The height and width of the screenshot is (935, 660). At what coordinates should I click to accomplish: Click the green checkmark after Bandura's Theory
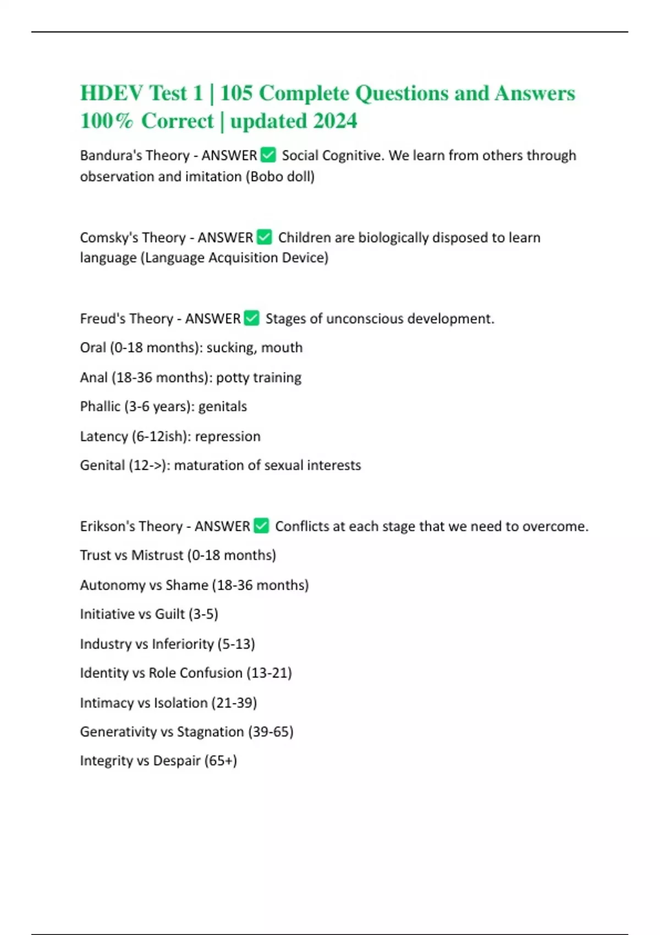tap(268, 155)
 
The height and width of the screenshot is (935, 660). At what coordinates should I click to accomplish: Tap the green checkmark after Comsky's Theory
tap(264, 237)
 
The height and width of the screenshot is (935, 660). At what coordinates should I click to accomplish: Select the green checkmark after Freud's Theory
tap(251, 318)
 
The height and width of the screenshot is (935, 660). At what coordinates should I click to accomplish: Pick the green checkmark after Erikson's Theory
tap(261, 526)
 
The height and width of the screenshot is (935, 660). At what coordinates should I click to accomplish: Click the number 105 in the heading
tap(236, 93)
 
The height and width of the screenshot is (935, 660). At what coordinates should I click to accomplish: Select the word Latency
tap(104, 436)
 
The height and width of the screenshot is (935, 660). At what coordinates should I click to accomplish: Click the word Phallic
tap(100, 406)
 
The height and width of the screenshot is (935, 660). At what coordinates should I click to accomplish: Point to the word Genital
tap(102, 465)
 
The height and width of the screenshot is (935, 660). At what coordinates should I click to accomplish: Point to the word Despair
tap(177, 761)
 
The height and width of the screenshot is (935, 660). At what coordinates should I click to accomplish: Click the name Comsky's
tap(105, 238)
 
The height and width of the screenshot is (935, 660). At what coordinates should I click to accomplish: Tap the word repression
tap(228, 436)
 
